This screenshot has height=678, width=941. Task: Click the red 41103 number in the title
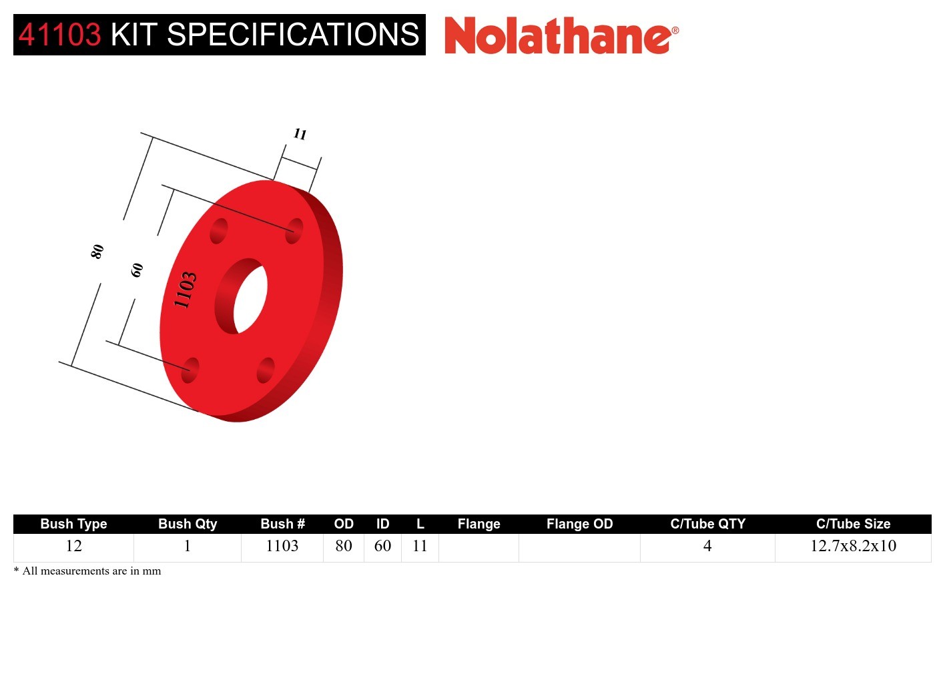click(x=59, y=35)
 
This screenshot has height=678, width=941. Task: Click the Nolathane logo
click(x=561, y=36)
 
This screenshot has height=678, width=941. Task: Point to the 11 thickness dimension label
click(x=300, y=134)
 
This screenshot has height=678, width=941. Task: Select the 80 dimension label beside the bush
click(x=97, y=252)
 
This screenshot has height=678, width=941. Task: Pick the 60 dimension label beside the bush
click(x=137, y=270)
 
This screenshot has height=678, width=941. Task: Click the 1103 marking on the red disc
click(x=186, y=290)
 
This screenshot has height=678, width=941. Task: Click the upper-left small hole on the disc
click(x=219, y=231)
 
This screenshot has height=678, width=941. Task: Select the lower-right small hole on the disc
click(x=266, y=370)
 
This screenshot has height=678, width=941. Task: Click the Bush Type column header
click(x=73, y=524)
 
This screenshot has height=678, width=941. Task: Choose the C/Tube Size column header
click(x=853, y=524)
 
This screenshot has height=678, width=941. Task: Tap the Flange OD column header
click(x=579, y=524)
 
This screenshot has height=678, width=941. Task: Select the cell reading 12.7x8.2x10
click(x=853, y=546)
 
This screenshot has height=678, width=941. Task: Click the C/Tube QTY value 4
click(x=707, y=546)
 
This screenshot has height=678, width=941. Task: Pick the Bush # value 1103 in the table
click(x=282, y=546)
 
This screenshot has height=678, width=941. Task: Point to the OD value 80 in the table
click(x=344, y=546)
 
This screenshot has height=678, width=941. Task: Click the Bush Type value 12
click(x=73, y=546)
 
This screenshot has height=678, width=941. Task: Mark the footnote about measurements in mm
click(x=88, y=571)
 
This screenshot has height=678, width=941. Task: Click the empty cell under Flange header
click(x=479, y=547)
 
